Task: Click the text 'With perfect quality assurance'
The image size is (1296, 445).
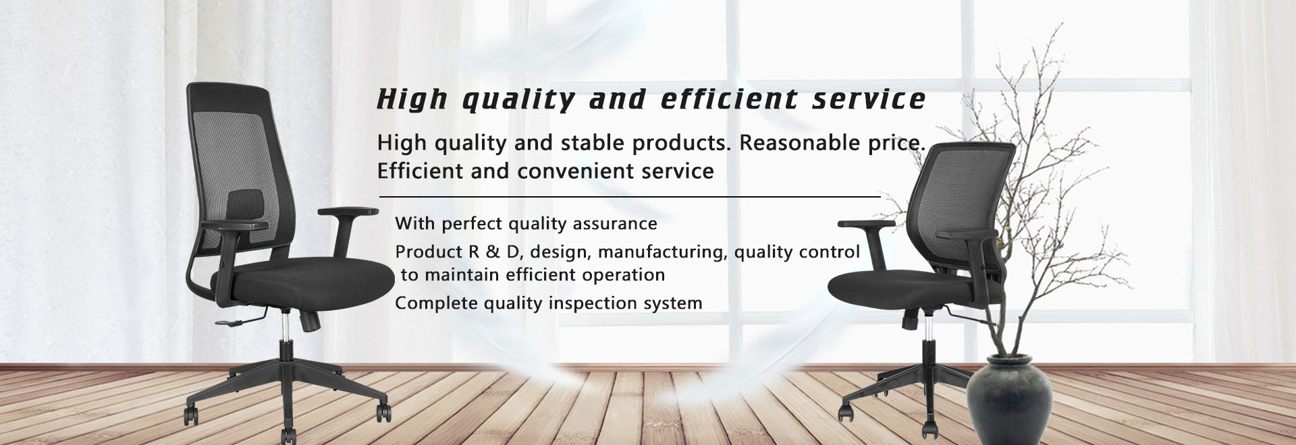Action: click(526, 223)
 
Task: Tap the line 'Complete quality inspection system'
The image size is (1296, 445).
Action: click(548, 303)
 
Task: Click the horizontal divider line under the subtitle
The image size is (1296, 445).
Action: click(630, 197)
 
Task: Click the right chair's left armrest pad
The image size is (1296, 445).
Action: click(866, 224)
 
